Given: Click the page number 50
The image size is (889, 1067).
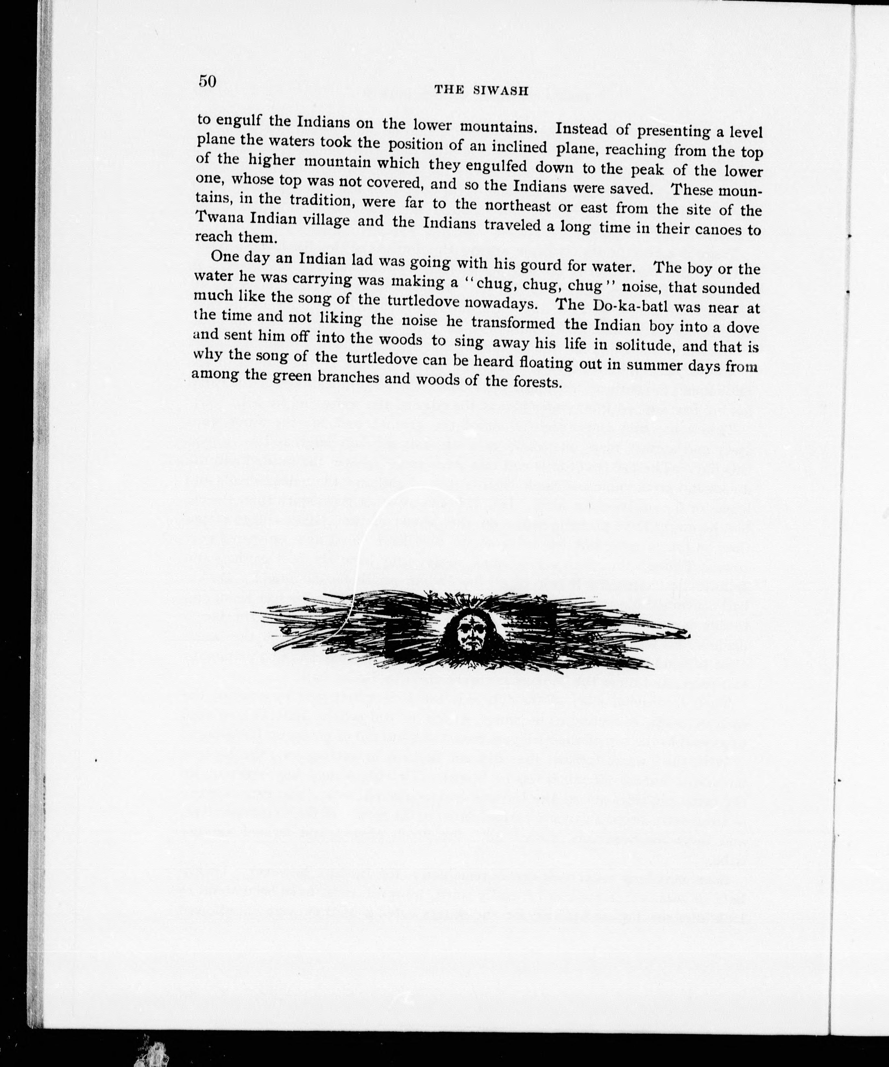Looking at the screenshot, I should coord(208,81).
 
